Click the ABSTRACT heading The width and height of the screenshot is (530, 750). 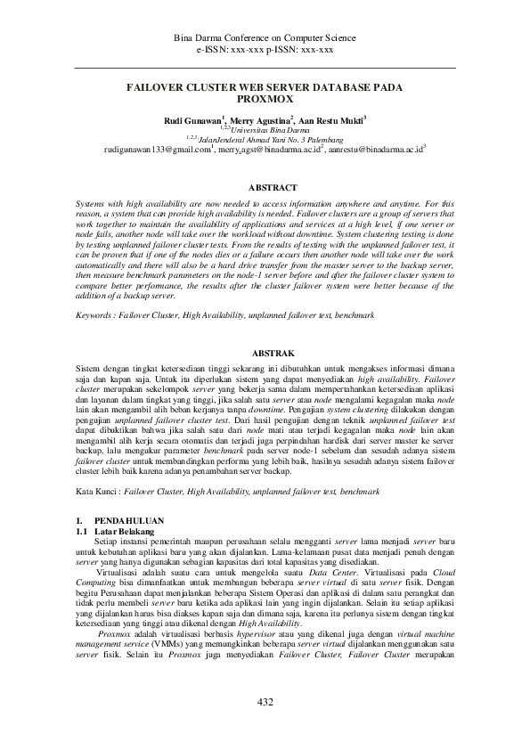(265, 189)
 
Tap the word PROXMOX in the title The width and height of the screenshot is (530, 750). (265, 101)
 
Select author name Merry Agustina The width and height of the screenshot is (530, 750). (264, 119)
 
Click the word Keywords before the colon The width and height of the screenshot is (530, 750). (95, 315)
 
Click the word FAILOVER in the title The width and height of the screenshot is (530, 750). (159, 89)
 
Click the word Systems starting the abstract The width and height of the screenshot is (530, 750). (91, 204)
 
